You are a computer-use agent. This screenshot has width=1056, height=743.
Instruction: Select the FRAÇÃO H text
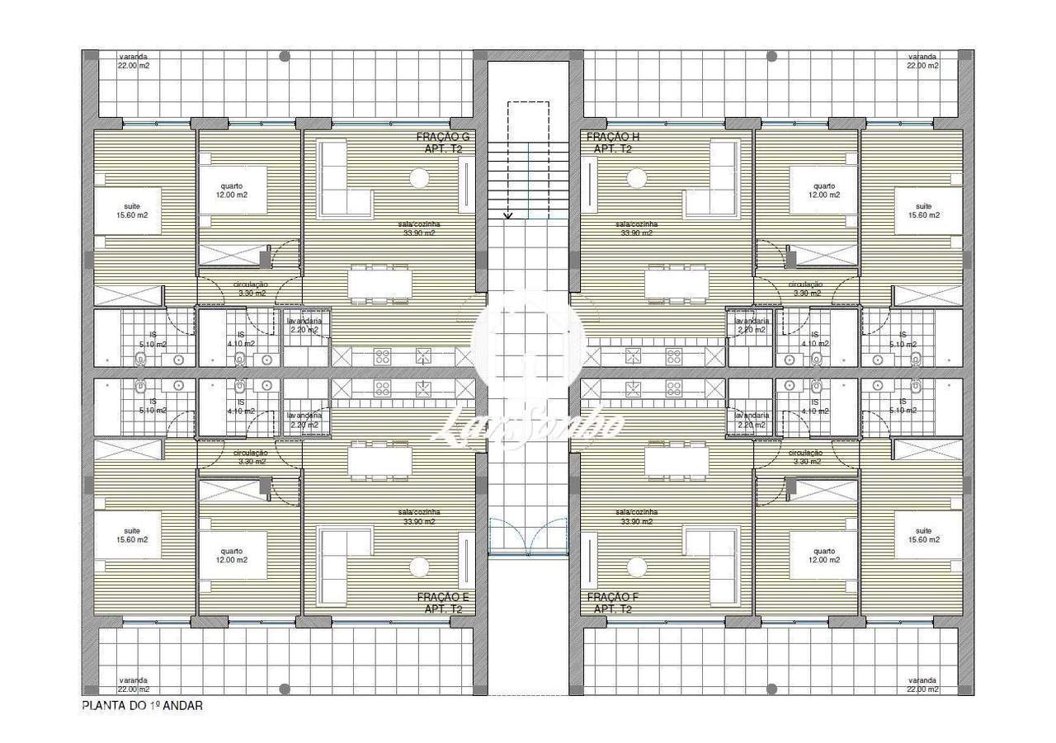[612, 137]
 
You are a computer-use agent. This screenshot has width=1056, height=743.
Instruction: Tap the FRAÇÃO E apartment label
[444, 597]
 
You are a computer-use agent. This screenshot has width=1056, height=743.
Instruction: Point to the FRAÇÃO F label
[612, 597]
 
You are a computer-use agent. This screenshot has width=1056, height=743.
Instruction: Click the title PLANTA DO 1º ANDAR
[142, 706]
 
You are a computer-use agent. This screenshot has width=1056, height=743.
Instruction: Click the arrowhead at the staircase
[508, 215]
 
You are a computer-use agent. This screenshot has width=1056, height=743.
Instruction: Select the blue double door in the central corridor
[528, 536]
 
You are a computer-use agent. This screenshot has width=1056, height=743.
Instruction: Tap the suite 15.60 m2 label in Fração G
[132, 211]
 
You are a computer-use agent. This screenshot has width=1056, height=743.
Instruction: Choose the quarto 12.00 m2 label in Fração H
[823, 190]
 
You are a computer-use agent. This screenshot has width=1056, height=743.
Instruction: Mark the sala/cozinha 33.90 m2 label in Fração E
[419, 517]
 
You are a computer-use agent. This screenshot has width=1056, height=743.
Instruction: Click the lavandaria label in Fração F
[752, 420]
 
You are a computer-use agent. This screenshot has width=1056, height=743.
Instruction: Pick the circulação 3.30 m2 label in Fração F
[805, 457]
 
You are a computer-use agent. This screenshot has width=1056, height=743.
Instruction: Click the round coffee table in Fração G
[419, 177]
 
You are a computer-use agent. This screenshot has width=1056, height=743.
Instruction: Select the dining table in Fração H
[676, 284]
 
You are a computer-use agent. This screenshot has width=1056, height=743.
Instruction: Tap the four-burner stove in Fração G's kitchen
[383, 356]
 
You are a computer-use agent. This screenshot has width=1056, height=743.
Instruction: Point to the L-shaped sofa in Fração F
[711, 566]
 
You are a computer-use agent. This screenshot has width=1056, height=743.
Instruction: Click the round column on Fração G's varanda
[285, 57]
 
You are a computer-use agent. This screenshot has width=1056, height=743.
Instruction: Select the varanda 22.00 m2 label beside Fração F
[922, 684]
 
